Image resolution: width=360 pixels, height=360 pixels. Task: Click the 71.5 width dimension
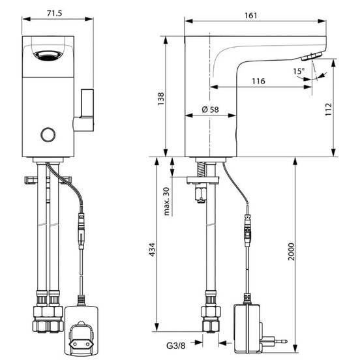54,13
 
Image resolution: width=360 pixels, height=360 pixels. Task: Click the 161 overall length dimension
250,16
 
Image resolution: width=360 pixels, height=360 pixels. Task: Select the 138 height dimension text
161,98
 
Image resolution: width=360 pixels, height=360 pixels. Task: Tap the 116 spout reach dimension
258,81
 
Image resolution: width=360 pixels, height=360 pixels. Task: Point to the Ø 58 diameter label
210,110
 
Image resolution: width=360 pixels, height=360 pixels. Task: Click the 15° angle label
299,71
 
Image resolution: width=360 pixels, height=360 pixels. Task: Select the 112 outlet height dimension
329,110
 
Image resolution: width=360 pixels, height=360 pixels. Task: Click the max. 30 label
167,202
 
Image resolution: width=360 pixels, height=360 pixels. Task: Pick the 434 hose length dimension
152,249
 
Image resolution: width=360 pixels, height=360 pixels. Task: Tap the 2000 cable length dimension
291,252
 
